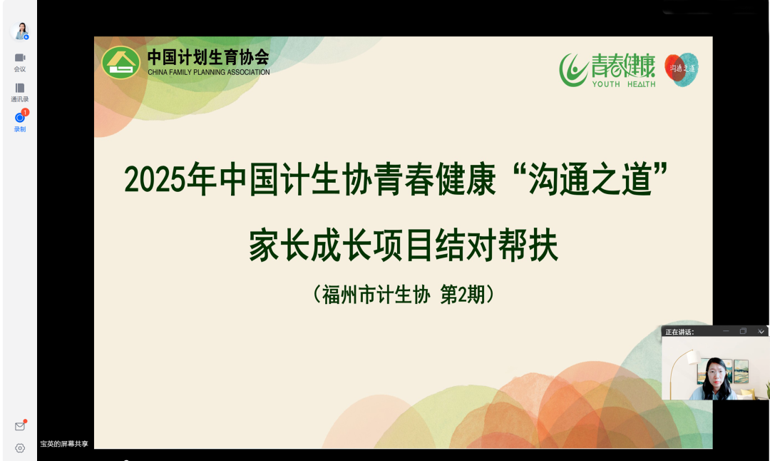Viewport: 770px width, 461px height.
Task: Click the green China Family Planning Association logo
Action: coord(120,62)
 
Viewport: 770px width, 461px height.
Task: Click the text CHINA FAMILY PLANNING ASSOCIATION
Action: coord(209,72)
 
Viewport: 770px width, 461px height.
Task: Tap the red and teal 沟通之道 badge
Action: coord(681,69)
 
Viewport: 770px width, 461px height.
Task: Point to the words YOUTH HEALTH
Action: coord(624,84)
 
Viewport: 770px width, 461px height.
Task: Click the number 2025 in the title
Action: coord(155,180)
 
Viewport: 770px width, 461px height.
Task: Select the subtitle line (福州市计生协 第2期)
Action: coord(403,295)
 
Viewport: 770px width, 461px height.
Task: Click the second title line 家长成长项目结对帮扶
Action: coord(403,245)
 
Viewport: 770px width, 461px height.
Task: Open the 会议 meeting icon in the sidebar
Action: coord(20,58)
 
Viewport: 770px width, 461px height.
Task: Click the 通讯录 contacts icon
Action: coord(20,88)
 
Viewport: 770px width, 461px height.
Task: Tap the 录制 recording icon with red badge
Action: coord(20,117)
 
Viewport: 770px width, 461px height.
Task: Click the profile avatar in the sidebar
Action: coord(20,31)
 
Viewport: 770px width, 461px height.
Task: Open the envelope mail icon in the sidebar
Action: coord(20,426)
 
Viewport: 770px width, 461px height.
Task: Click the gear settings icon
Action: coord(20,448)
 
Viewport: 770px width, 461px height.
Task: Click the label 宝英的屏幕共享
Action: coord(64,444)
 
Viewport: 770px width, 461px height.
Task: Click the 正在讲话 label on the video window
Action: coord(679,332)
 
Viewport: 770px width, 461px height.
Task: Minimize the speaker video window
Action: coord(726,331)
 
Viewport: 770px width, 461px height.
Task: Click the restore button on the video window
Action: coord(743,331)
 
